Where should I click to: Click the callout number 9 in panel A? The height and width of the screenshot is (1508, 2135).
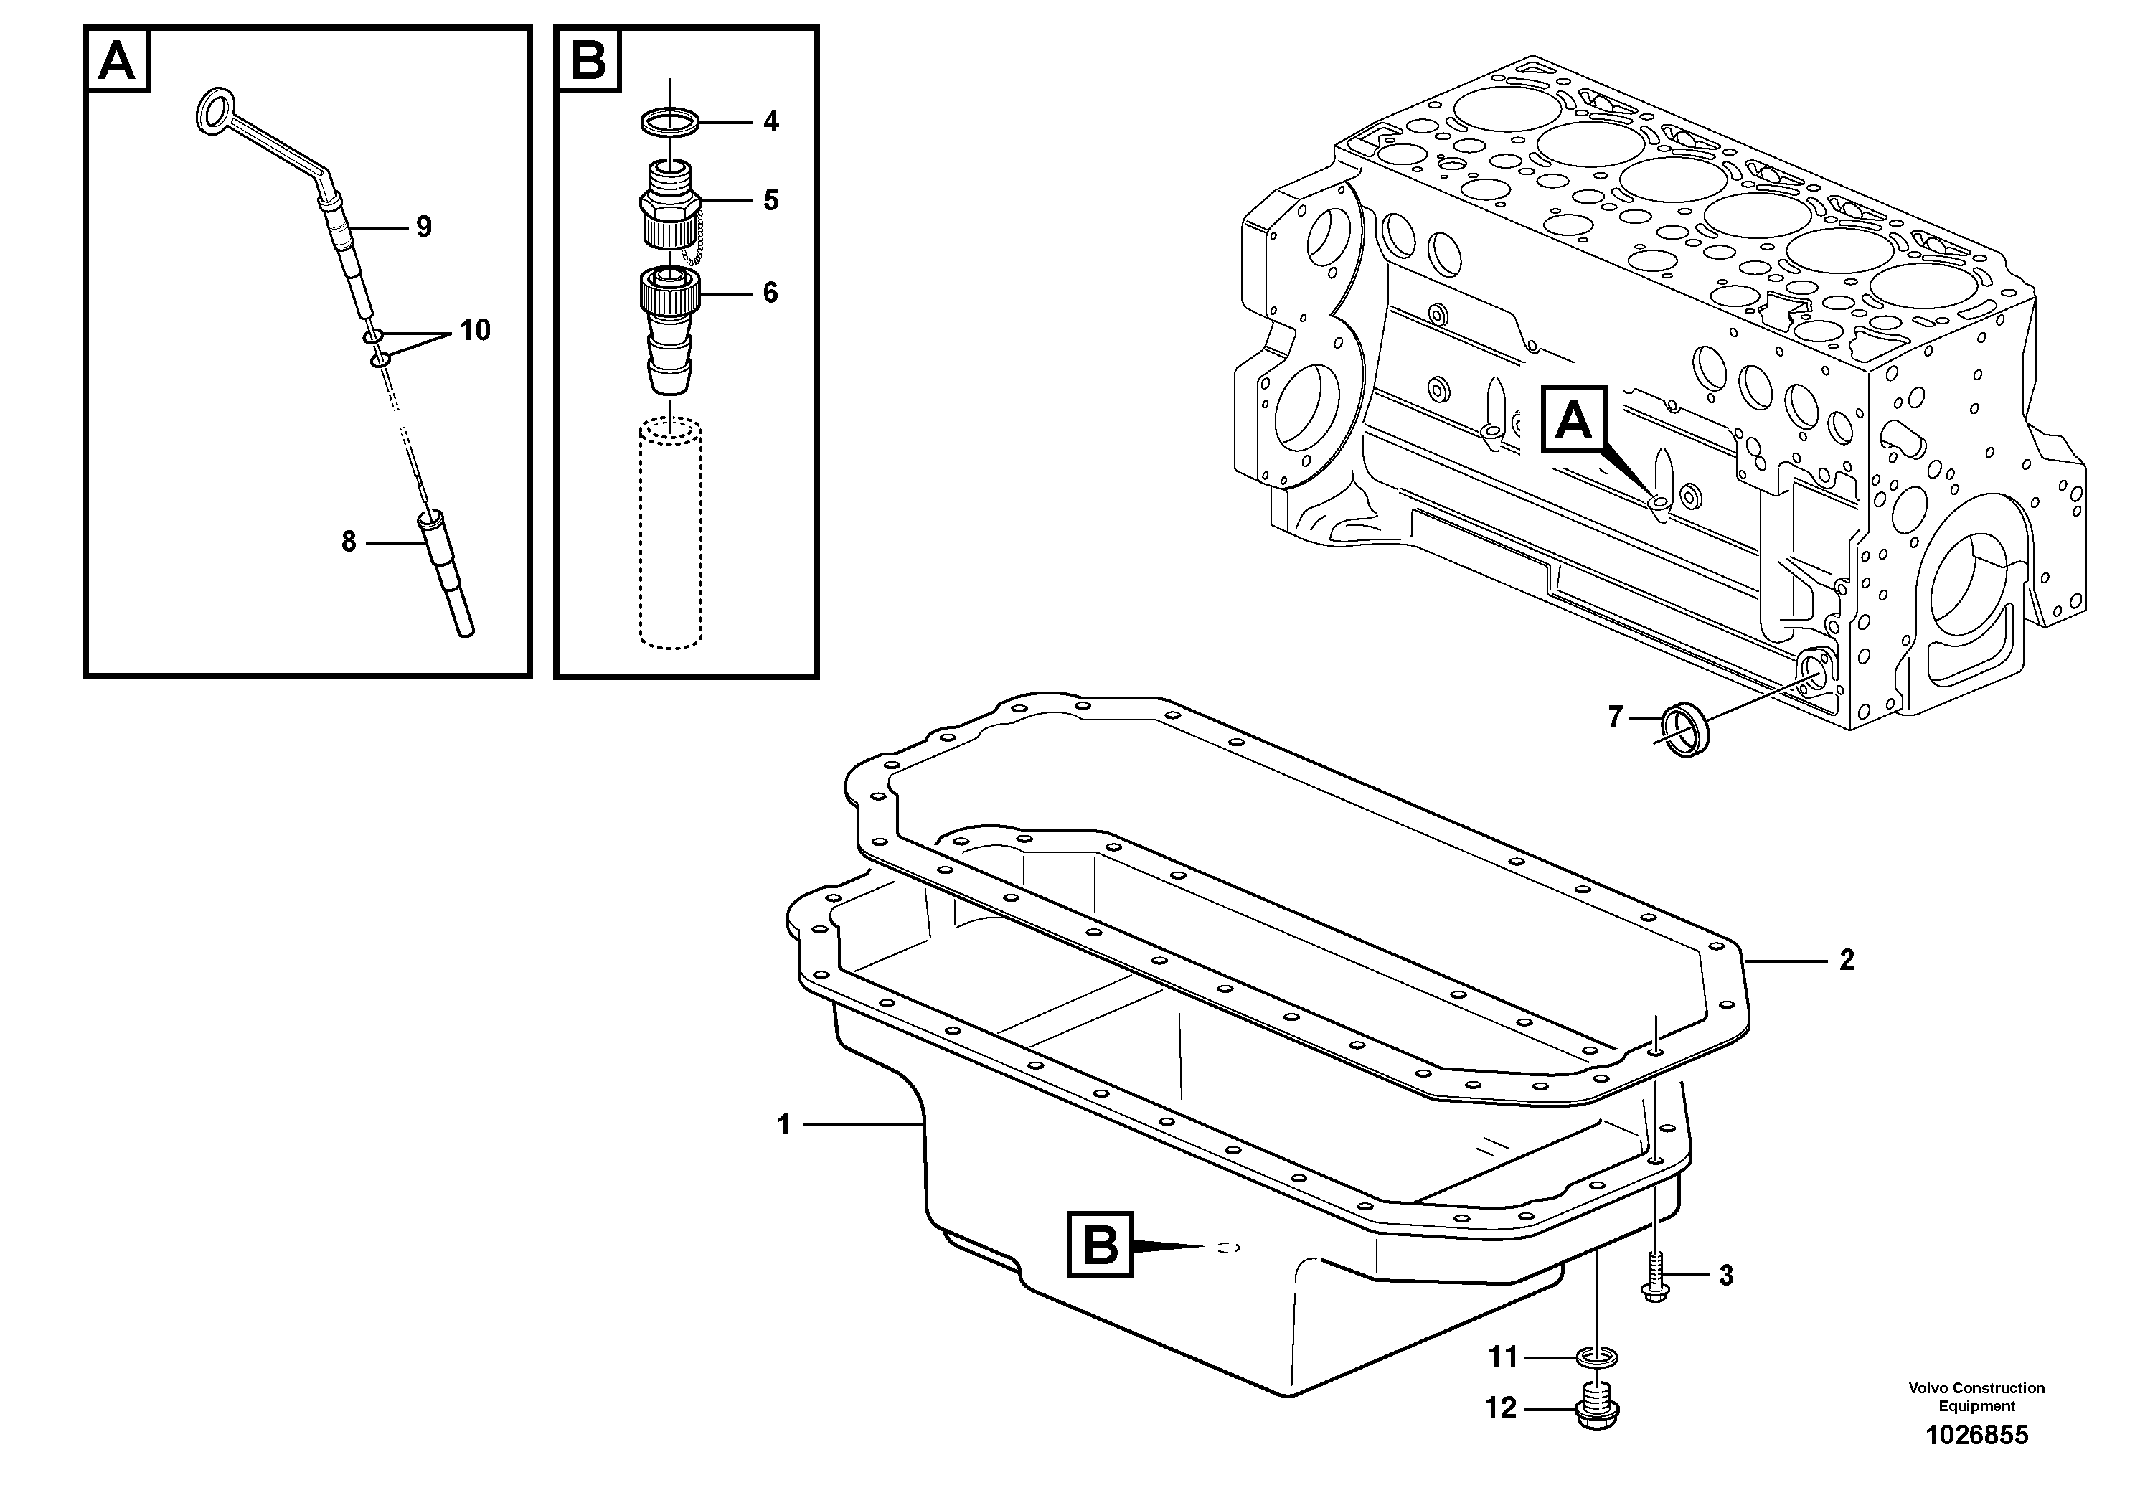tap(424, 227)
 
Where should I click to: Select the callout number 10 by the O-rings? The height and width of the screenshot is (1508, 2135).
tap(474, 330)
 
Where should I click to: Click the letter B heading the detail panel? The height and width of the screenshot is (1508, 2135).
tap(588, 60)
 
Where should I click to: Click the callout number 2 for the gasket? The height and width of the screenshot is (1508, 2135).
tap(1847, 961)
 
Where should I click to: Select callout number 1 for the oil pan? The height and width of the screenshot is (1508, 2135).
tap(784, 1125)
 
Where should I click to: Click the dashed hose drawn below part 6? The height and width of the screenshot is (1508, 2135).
tap(669, 534)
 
